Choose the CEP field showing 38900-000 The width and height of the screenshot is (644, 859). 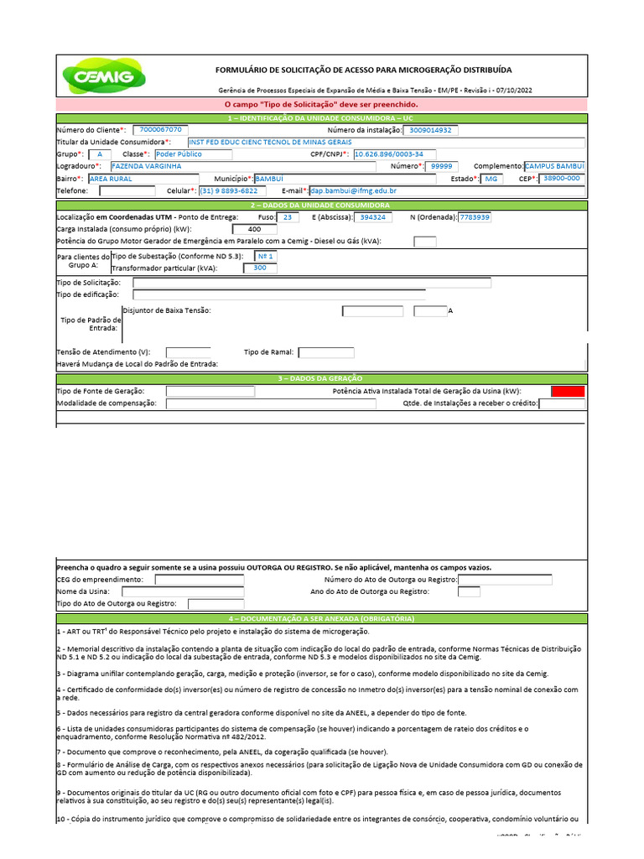pyautogui.click(x=561, y=179)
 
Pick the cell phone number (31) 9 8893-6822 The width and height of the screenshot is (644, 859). pyautogui.click(x=227, y=191)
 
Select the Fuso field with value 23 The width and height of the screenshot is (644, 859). pyautogui.click(x=288, y=216)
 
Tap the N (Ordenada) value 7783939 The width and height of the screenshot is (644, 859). pyautogui.click(x=475, y=216)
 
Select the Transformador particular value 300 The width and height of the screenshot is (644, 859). pyautogui.click(x=259, y=268)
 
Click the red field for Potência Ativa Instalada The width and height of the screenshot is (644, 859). pyautogui.click(x=568, y=391)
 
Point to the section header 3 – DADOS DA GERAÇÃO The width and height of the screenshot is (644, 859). pyautogui.click(x=322, y=378)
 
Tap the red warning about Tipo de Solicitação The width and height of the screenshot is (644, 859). pyautogui.click(x=322, y=105)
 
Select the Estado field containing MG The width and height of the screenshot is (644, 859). pyautogui.click(x=491, y=179)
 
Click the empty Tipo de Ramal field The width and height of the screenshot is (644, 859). pyautogui.click(x=326, y=352)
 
